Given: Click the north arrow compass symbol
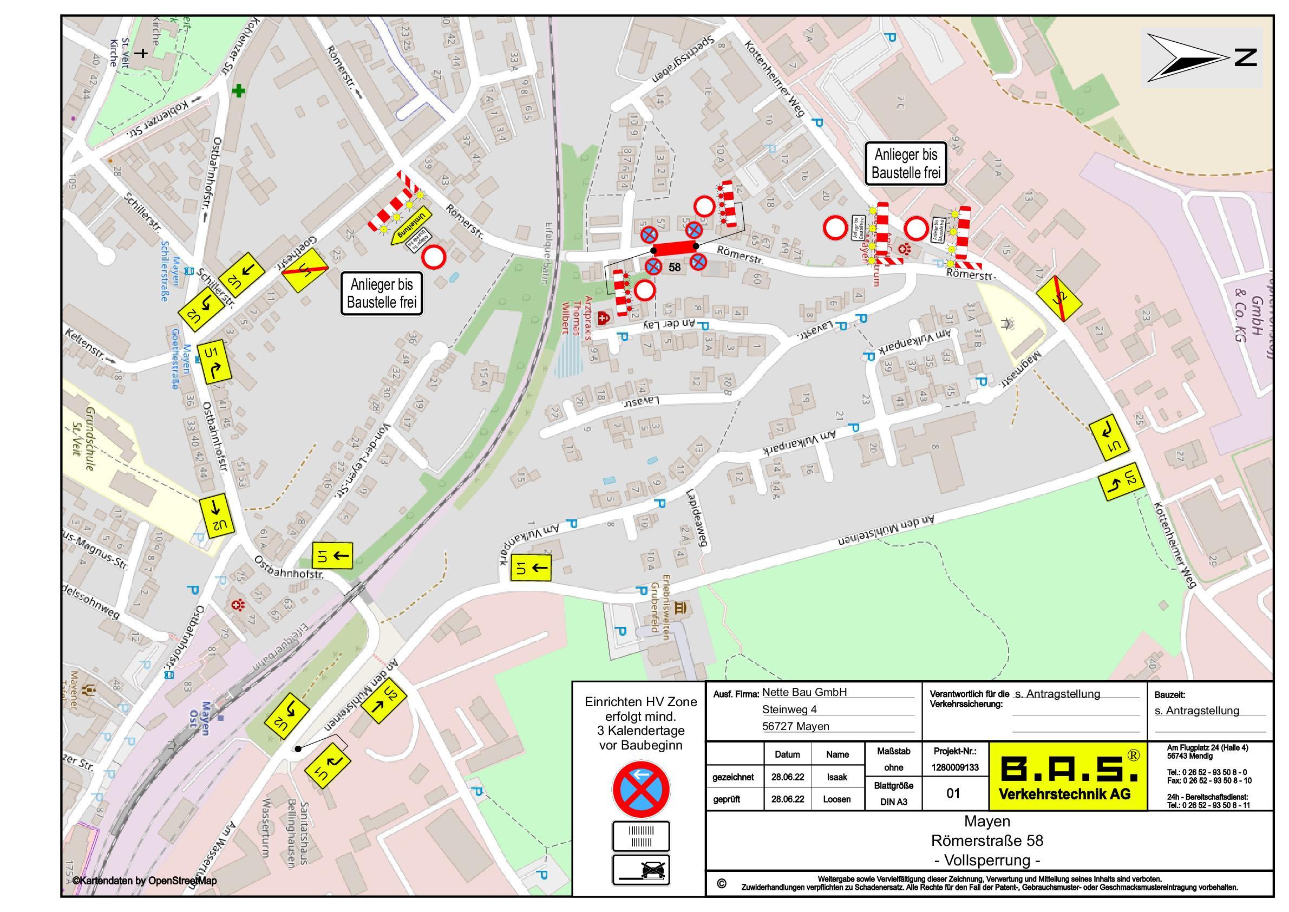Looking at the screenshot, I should point(1187,57).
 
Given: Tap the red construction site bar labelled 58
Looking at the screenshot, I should point(674,247).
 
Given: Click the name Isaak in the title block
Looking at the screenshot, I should point(836,777).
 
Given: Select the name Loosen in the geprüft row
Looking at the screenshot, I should point(836,799).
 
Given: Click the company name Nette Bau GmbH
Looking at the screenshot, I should point(804,693).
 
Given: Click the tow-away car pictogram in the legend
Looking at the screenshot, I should point(641,870).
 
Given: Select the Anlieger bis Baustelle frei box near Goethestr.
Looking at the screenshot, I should point(382,293).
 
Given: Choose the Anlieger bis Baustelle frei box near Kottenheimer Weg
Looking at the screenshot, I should point(906,164).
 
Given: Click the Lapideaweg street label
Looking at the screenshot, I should point(696,518).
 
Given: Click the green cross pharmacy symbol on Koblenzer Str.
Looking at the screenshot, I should point(239,90).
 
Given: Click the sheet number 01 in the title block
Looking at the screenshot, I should point(953,793).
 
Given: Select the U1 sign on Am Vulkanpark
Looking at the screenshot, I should point(531,567).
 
